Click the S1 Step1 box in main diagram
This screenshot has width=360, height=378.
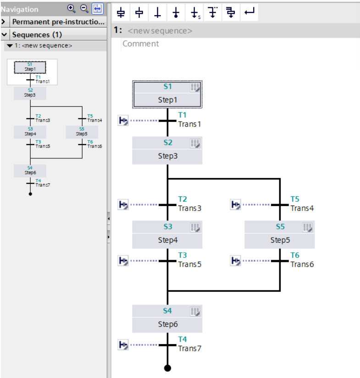tap(167, 94)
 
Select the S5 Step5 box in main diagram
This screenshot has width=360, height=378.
tap(279, 234)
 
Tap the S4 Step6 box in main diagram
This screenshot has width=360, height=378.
tap(167, 318)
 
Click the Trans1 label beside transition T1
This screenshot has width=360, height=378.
tap(189, 124)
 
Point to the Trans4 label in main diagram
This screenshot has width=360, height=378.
tap(302, 208)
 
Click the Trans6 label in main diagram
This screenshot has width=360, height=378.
tap(302, 264)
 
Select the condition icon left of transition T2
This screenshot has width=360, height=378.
tap(123, 205)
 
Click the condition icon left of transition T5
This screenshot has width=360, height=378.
tap(235, 205)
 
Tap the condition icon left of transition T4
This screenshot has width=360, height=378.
tap(123, 345)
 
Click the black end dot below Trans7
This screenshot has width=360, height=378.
tap(167, 368)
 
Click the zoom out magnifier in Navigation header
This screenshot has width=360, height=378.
tap(84, 8)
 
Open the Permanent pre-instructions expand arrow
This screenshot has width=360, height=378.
tap(4, 22)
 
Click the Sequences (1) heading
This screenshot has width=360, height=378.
tap(37, 34)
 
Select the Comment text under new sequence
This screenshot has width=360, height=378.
tap(140, 44)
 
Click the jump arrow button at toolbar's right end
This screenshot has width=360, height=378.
tap(249, 12)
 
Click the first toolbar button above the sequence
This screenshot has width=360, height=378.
tap(121, 12)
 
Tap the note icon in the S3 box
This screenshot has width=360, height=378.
tap(195, 227)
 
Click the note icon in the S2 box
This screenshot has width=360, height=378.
tap(195, 143)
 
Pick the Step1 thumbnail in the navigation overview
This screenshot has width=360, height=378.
tap(30, 67)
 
